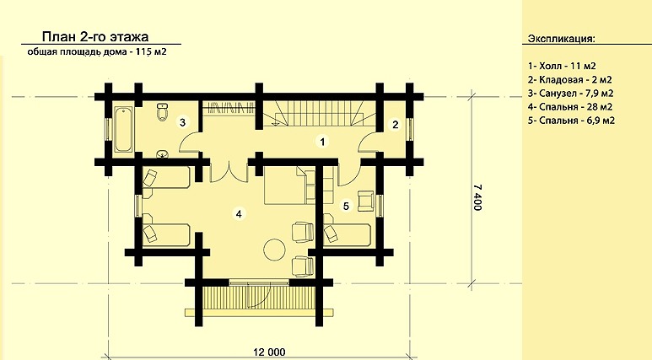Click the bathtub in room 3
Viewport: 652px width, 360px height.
pyautogui.click(x=123, y=129)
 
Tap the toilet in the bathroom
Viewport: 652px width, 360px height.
pyautogui.click(x=163, y=111)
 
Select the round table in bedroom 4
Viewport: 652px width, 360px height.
pyautogui.click(x=275, y=248)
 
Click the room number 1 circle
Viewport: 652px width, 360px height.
pyautogui.click(x=322, y=142)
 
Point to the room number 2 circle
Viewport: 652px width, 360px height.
pyautogui.click(x=395, y=124)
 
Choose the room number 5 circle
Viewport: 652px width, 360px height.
pyautogui.click(x=346, y=206)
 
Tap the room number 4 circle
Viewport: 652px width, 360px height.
pyautogui.click(x=239, y=213)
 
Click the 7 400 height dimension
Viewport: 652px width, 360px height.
pyautogui.click(x=478, y=198)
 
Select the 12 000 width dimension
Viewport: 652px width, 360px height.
pyautogui.click(x=269, y=352)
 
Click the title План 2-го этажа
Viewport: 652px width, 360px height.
pyautogui.click(x=95, y=36)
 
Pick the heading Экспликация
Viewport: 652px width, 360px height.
pyautogui.click(x=562, y=39)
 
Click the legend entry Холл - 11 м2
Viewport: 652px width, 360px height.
pyautogui.click(x=563, y=66)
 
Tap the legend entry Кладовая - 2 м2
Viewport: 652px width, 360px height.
pyautogui.click(x=570, y=79)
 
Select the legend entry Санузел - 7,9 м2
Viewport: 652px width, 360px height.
pyautogui.click(x=570, y=93)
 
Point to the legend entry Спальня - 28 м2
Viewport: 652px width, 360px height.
pyautogui.click(x=570, y=107)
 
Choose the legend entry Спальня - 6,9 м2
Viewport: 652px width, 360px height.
pyautogui.click(x=571, y=121)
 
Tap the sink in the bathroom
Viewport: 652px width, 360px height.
pyautogui.click(x=162, y=154)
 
